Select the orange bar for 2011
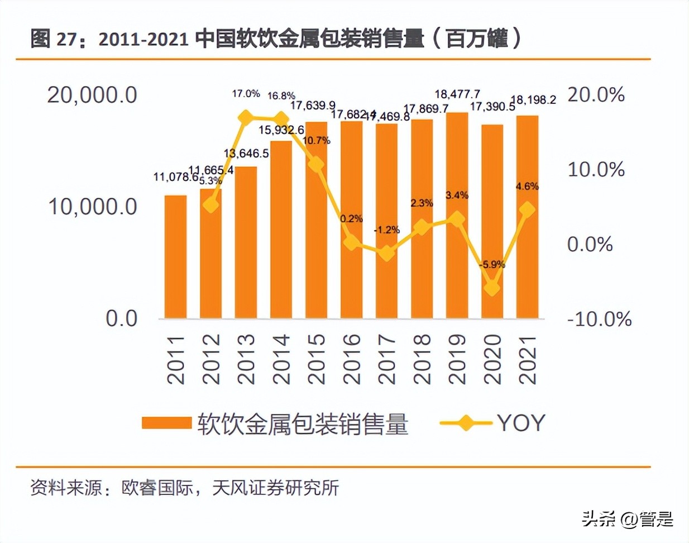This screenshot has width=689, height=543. [175, 257]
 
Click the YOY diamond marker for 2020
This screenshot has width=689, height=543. [492, 288]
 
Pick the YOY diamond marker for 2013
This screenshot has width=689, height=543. [246, 117]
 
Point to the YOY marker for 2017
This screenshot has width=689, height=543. [386, 254]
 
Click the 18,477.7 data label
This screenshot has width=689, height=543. [457, 94]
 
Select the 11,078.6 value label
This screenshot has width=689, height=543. [176, 177]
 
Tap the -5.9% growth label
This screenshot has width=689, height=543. [492, 264]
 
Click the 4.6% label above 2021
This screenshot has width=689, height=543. [527, 186]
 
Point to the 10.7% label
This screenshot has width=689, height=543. [317, 140]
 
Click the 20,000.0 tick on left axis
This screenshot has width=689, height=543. [92, 95]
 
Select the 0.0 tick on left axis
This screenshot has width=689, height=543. [121, 318]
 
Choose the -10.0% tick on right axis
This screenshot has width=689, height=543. [599, 320]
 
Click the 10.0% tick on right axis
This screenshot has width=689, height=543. [596, 169]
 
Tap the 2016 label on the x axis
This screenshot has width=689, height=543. [351, 359]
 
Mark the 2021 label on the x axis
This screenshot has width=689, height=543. [527, 359]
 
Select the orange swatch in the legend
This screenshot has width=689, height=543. [166, 423]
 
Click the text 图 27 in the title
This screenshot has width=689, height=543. [52, 39]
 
